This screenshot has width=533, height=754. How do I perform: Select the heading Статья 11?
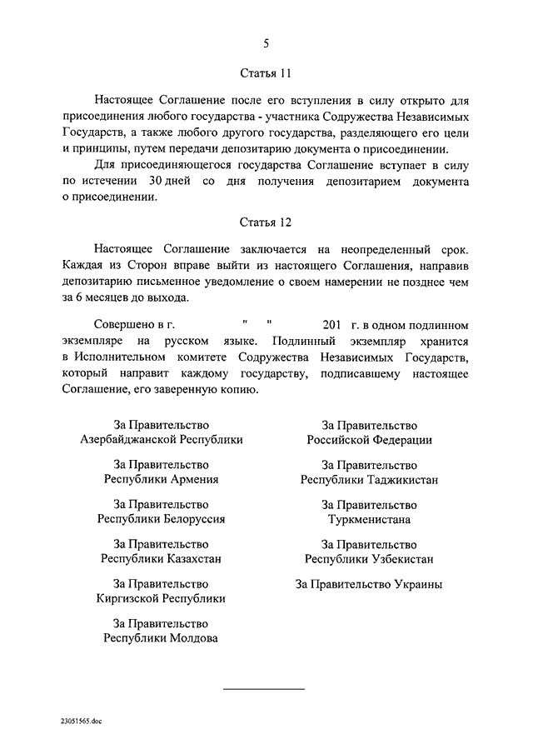click(x=266, y=72)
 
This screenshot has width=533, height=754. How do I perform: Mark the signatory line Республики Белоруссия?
click(x=162, y=518)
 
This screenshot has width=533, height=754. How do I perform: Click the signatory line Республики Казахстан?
click(x=162, y=558)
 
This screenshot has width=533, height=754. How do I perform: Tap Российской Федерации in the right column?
click(x=369, y=440)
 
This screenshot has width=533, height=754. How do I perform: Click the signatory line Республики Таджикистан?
click(x=369, y=479)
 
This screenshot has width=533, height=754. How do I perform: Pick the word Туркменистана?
click(x=369, y=518)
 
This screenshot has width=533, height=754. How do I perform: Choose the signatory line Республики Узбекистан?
click(x=369, y=558)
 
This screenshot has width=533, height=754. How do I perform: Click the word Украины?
click(x=415, y=584)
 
